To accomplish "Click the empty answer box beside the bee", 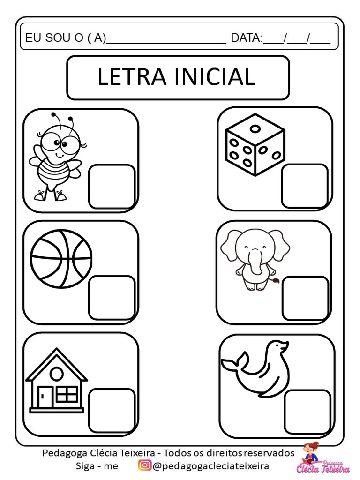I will pyautogui.click(x=112, y=186).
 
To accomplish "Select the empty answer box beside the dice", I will pyautogui.click(x=305, y=186).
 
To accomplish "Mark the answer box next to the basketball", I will pyautogui.click(x=112, y=298).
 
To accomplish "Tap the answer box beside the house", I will pyautogui.click(x=112, y=411).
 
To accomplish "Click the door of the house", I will pyautogui.click(x=45, y=397).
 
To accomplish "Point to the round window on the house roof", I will pyautogui.click(x=57, y=374).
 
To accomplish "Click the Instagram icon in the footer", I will pyautogui.click(x=144, y=466).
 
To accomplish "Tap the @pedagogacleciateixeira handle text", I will pyautogui.click(x=211, y=466).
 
